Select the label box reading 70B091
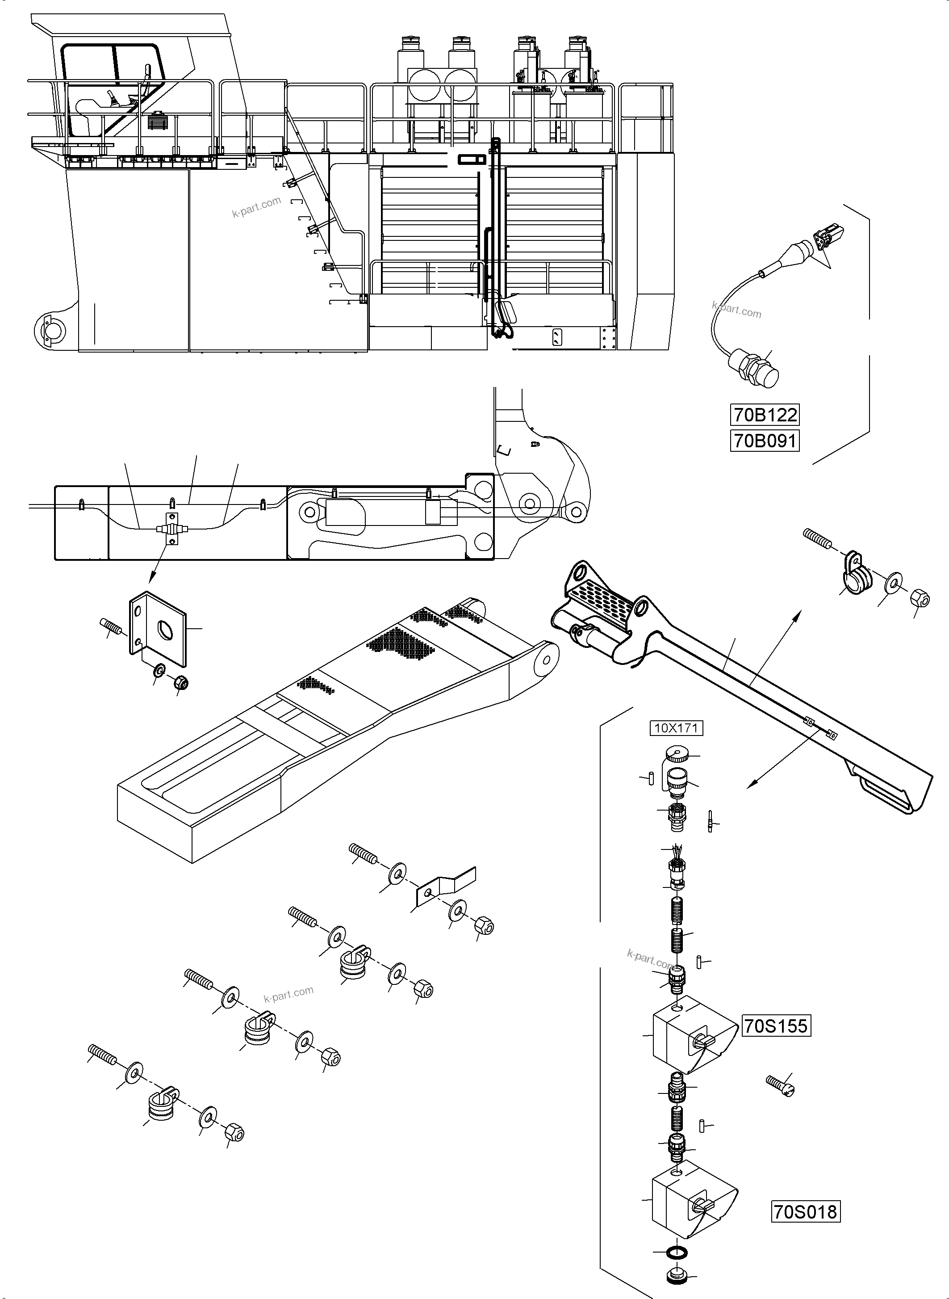[765, 441]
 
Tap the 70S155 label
[776, 1026]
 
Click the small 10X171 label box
[676, 728]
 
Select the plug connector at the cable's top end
[829, 237]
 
